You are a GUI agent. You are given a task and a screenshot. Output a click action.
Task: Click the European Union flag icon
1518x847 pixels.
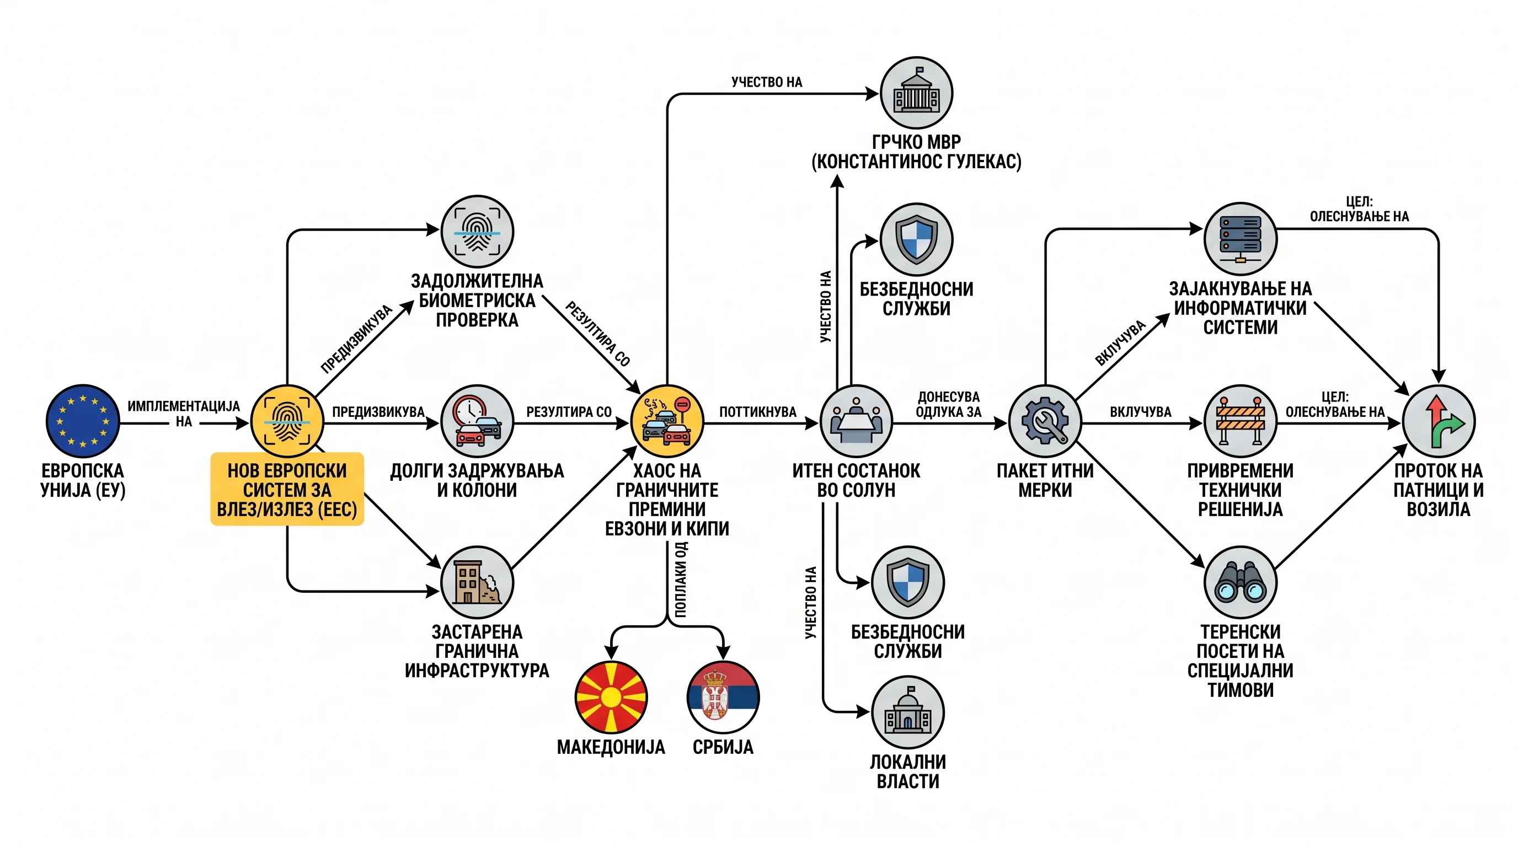pyautogui.click(x=83, y=421)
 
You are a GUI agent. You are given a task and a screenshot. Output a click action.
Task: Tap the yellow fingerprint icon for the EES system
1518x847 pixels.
pyautogui.click(x=287, y=421)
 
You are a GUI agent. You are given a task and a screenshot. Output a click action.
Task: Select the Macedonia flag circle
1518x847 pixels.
pyautogui.click(x=611, y=697)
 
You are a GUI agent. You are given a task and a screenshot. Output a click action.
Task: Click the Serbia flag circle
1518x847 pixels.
pyautogui.click(x=723, y=697)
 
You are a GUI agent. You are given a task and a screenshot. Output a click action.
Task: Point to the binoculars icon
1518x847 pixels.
pyautogui.click(x=1241, y=582)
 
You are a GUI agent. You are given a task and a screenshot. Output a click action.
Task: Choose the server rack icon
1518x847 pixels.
pyautogui.click(x=1241, y=239)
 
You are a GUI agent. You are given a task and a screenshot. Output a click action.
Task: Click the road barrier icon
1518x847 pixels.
pyautogui.click(x=1241, y=421)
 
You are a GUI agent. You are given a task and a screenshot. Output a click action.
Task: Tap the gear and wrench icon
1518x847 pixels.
pyautogui.click(x=1045, y=421)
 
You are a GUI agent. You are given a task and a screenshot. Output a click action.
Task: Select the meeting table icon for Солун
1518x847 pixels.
pyautogui.click(x=856, y=421)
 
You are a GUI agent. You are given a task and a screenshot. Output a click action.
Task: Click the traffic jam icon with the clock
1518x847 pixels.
pyautogui.click(x=477, y=421)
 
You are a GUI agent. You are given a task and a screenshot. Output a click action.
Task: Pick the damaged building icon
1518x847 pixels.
pyautogui.click(x=477, y=582)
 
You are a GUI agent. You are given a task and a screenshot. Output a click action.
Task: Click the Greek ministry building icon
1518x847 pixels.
pyautogui.click(x=916, y=93)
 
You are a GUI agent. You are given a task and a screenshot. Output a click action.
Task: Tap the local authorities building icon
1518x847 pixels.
pyautogui.click(x=907, y=712)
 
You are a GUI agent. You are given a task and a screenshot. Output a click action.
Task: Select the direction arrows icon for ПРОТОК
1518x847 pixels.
pyautogui.click(x=1439, y=421)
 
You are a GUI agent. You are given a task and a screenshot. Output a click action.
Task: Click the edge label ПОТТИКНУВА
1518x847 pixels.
pyautogui.click(x=757, y=412)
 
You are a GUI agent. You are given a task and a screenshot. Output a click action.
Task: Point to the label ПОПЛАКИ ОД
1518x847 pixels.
pyautogui.click(x=681, y=580)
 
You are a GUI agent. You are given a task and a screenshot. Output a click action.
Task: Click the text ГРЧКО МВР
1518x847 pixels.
pyautogui.click(x=916, y=142)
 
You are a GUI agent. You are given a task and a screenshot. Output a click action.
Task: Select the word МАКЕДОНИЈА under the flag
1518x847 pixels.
pyautogui.click(x=611, y=747)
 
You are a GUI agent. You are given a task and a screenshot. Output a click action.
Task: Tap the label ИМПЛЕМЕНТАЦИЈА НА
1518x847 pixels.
pyautogui.click(x=184, y=414)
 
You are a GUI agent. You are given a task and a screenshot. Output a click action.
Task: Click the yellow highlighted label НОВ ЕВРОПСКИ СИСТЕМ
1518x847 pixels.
pyautogui.click(x=287, y=489)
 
